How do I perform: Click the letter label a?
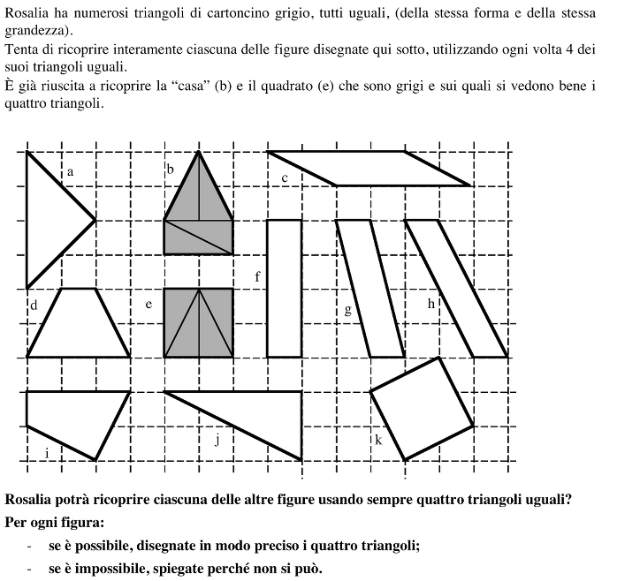click(x=70, y=173)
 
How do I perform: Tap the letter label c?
click(x=285, y=179)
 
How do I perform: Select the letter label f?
click(x=257, y=277)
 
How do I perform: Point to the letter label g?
click(x=347, y=310)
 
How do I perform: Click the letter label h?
click(x=431, y=304)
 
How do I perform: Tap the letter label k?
click(x=378, y=439)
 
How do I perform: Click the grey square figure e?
click(x=199, y=322)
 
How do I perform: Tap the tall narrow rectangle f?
click(x=284, y=288)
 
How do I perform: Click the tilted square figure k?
click(x=422, y=408)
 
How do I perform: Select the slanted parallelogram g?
click(x=370, y=288)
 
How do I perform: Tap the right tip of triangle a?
click(x=95, y=220)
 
